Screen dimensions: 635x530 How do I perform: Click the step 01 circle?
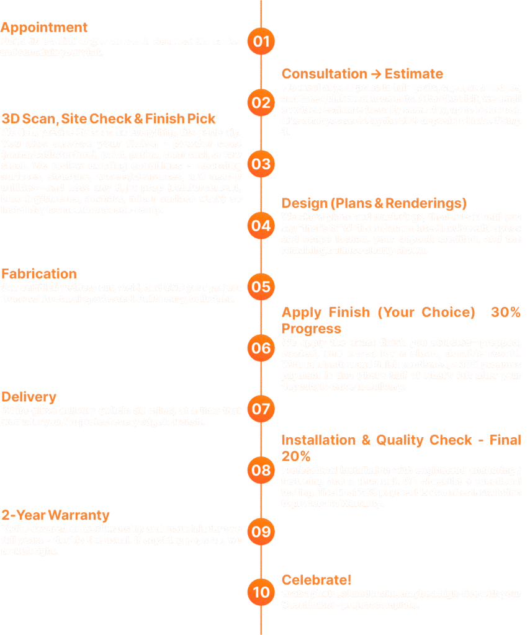(x=261, y=42)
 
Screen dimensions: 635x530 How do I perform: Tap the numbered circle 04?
(x=261, y=225)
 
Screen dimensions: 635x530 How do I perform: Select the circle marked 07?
(x=261, y=409)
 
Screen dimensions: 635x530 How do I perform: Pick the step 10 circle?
(x=261, y=592)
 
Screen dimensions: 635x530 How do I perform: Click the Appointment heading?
(x=45, y=28)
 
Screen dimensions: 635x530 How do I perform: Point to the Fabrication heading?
(x=39, y=274)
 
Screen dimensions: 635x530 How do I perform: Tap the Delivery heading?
(x=29, y=397)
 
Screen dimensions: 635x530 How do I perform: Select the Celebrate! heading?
(x=317, y=580)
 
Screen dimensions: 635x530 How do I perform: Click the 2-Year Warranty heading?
(x=56, y=515)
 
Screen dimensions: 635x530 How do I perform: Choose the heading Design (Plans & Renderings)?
(x=374, y=203)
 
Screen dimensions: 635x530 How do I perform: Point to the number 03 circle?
(x=261, y=164)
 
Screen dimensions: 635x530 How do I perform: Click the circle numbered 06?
(x=261, y=348)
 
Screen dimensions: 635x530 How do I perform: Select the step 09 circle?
(x=261, y=531)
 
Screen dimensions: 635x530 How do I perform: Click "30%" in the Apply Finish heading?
(x=506, y=313)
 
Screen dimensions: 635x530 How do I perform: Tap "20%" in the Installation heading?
(x=296, y=457)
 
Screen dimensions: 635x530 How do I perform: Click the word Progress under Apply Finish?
(x=312, y=329)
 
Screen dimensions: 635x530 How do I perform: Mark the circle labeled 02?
(x=261, y=102)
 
